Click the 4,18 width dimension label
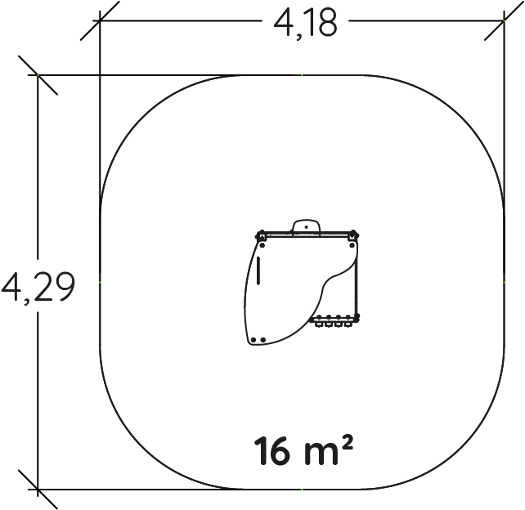305,23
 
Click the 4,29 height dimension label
38,286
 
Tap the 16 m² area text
303,450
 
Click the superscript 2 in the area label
348,442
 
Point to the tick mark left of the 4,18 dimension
100,20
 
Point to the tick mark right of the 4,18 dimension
505,20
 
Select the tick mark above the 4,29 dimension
38,75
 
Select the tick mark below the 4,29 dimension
38,490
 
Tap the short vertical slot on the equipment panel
258,271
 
